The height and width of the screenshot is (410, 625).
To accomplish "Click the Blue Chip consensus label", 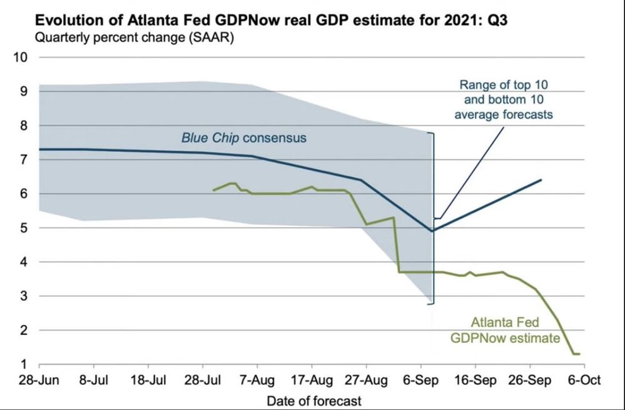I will point(244,137).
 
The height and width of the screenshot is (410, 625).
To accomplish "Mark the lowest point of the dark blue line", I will point(432,231).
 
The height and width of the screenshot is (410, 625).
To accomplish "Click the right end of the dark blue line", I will point(541,180).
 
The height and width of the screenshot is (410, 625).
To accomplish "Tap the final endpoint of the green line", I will point(580,354).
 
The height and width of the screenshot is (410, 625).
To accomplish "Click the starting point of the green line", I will point(213,191).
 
